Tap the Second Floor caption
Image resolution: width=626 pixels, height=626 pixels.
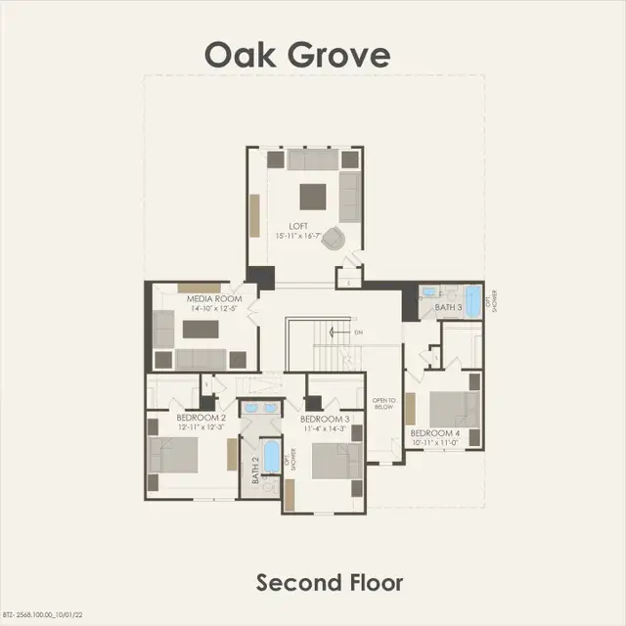(x=329, y=583)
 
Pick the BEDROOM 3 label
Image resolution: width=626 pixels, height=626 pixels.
(x=326, y=418)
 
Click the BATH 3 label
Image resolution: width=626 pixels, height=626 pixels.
(x=449, y=307)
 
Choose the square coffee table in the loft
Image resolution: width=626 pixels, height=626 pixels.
(x=313, y=194)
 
